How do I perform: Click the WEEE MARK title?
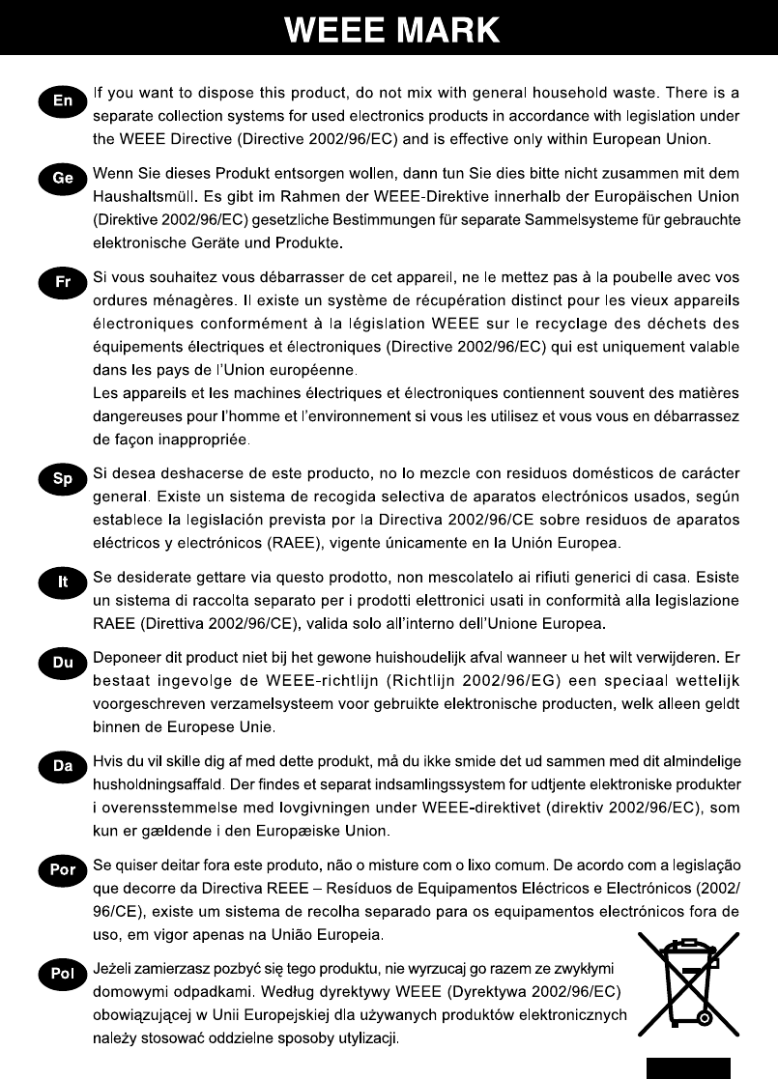392,30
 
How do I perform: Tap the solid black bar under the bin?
687,1066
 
